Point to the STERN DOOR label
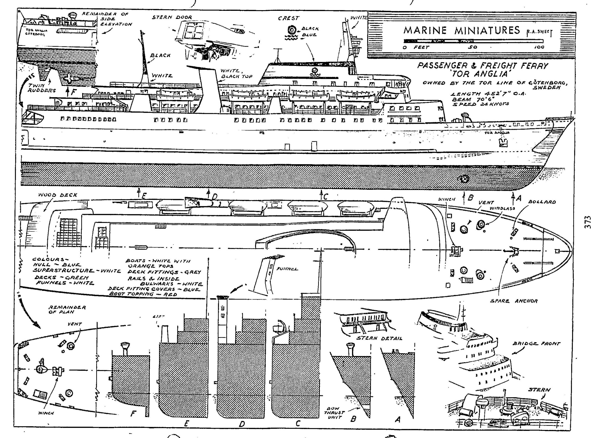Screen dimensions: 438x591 [172, 18]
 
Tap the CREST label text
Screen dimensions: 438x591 [288, 18]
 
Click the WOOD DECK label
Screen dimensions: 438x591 [57, 195]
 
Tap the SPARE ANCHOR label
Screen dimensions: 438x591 [514, 301]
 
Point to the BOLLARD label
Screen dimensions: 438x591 [542, 202]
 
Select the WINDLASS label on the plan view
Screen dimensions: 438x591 [502, 208]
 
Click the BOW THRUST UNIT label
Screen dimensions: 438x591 [335, 413]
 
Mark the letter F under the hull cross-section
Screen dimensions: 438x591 [133, 414]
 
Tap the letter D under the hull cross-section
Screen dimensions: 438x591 [241, 424]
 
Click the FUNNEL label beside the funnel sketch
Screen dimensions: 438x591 [287, 269]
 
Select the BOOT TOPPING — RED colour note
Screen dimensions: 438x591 [143, 294]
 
